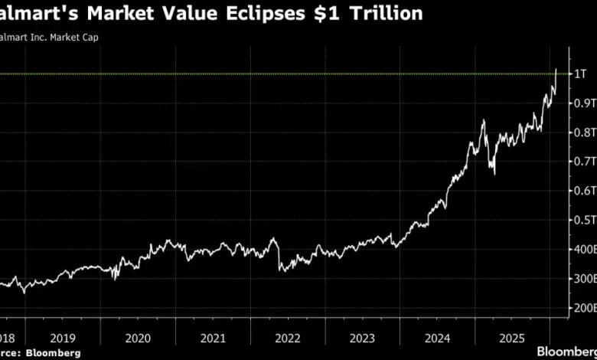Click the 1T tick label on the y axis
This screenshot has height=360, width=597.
coord(580,74)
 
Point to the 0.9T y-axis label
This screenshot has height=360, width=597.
coord(583,103)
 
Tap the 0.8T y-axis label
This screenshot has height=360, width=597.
coord(583,132)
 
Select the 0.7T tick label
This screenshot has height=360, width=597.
coord(583,161)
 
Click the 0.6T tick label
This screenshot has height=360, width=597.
coord(583,191)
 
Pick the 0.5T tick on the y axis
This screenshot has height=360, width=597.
coord(583,220)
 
